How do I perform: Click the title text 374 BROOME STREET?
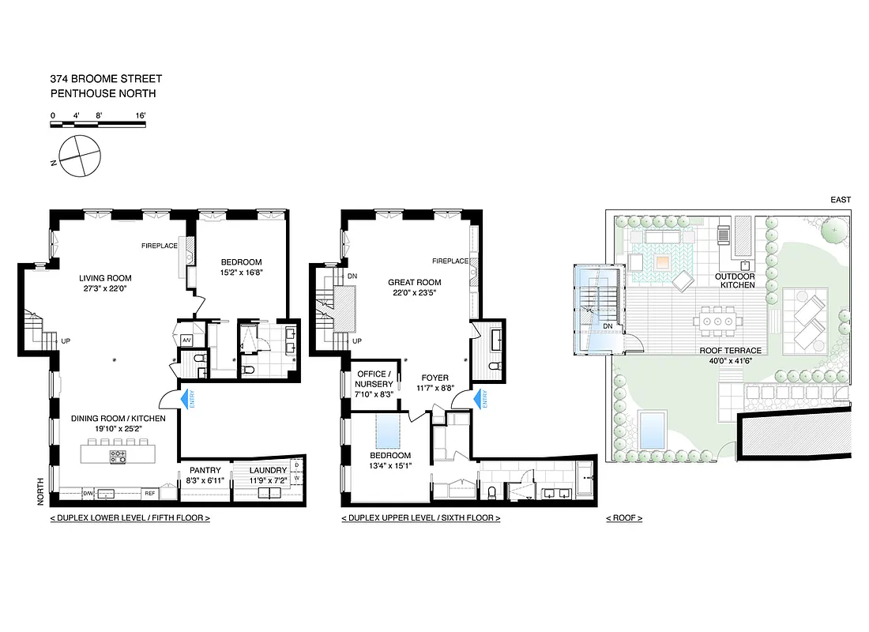click(x=106, y=78)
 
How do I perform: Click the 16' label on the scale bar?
click(x=140, y=115)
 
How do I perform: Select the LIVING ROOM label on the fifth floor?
click(x=105, y=278)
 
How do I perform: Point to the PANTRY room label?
click(x=205, y=470)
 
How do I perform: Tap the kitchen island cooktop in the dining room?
click(x=118, y=455)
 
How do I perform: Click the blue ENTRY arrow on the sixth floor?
click(x=479, y=400)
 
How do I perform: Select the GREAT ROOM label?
click(x=414, y=282)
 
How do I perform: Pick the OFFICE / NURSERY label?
click(x=371, y=378)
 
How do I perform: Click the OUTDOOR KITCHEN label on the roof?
click(x=735, y=280)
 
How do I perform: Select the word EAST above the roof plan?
click(x=840, y=200)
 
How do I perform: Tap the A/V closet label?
click(x=187, y=340)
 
